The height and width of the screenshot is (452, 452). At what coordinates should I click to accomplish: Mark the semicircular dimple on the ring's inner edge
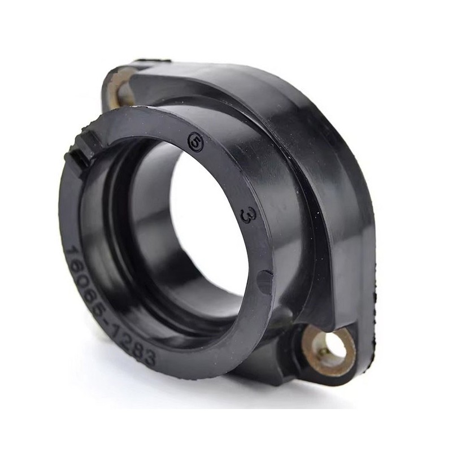[262, 279]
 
